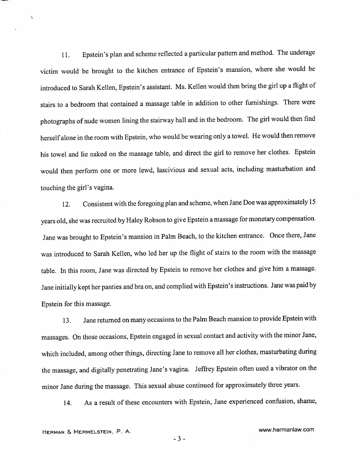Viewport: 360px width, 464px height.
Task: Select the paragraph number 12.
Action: point(66,205)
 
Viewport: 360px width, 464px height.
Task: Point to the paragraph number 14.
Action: point(67,403)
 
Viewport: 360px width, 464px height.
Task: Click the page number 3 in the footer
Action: point(179,439)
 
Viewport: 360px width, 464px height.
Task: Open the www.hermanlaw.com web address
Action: point(286,430)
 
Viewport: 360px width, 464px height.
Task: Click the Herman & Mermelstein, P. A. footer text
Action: point(87,432)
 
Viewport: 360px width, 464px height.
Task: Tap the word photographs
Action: point(58,120)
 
